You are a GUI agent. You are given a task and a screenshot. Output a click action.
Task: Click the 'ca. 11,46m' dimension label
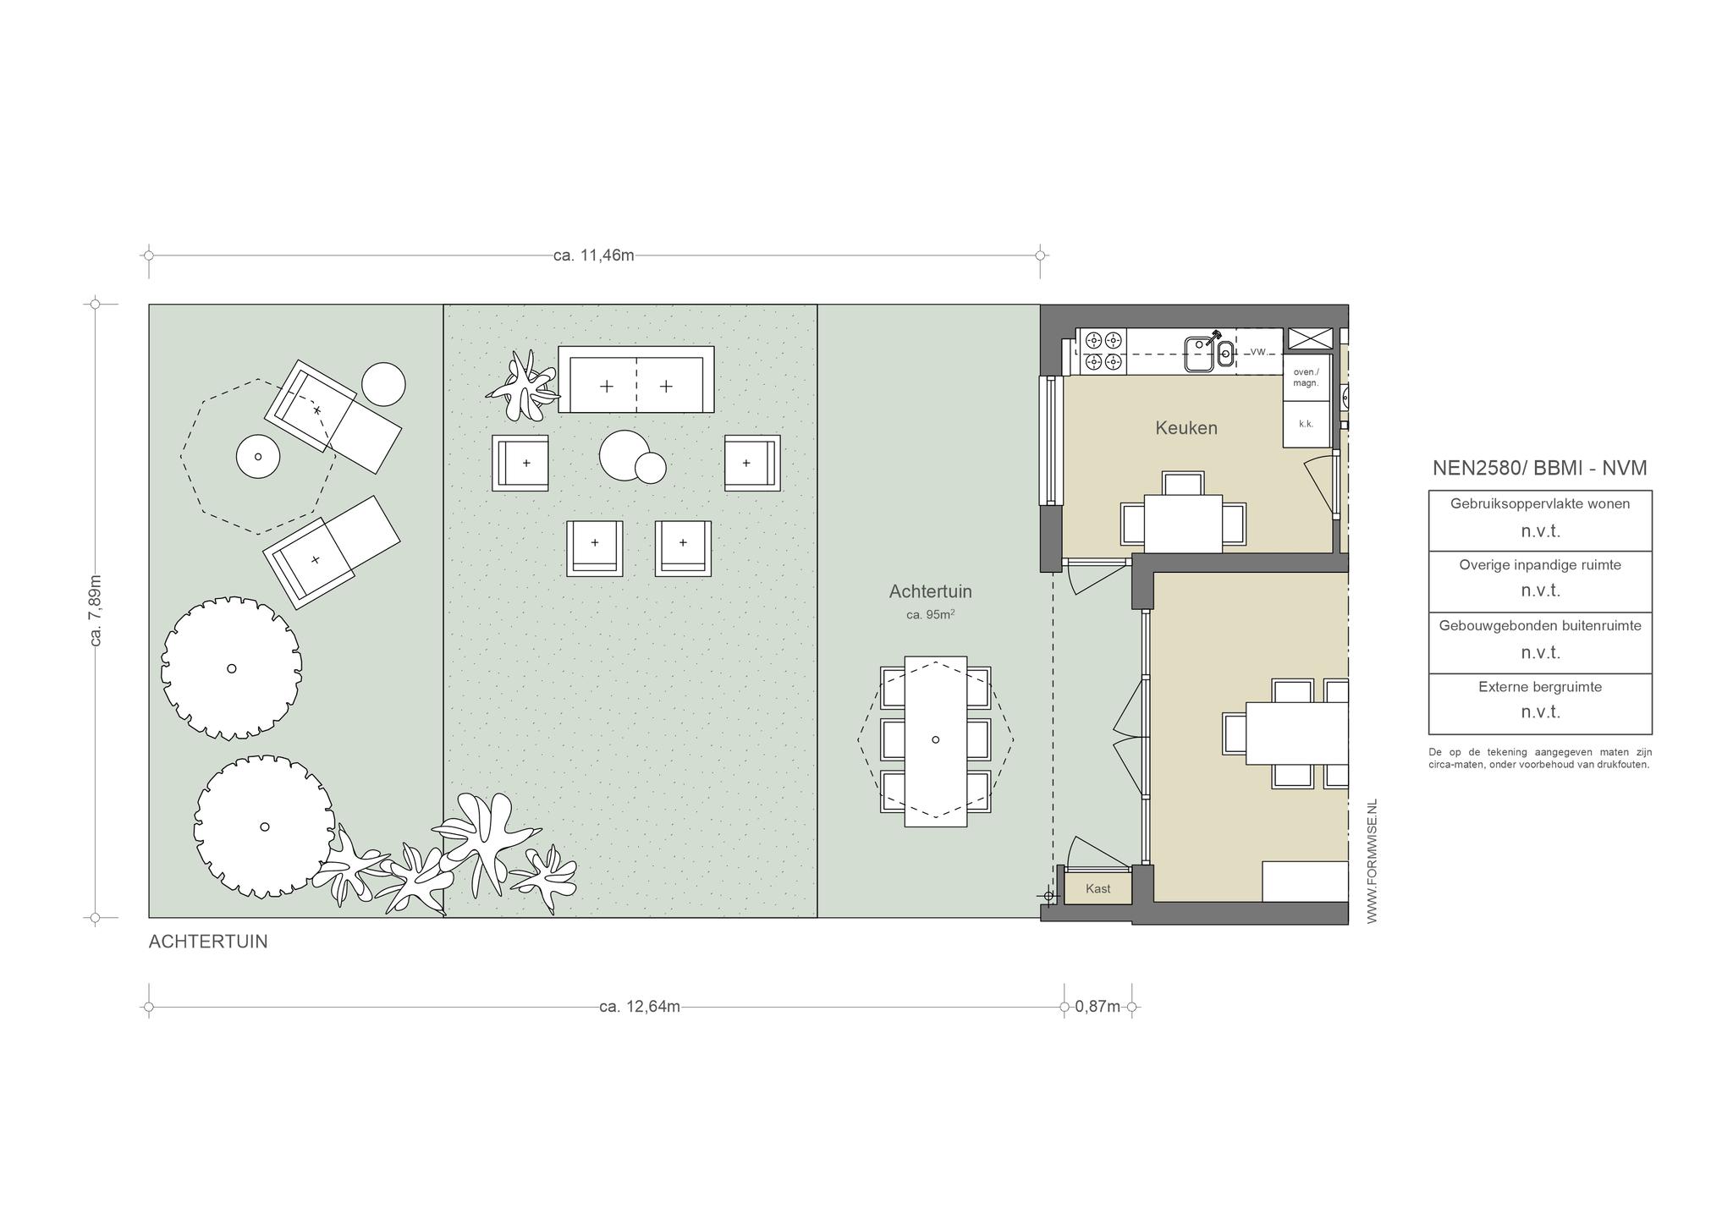[593, 255]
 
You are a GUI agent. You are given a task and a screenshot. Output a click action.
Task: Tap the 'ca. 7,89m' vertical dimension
[96, 611]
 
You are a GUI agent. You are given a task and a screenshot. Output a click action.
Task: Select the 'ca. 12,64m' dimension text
[639, 1007]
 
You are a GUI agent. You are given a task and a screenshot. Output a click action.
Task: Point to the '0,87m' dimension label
[1097, 1007]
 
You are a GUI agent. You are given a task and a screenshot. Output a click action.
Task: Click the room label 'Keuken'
[1186, 428]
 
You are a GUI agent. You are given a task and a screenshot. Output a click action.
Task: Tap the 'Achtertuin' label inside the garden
[930, 591]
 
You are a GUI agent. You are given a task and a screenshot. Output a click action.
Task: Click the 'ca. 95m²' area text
[930, 614]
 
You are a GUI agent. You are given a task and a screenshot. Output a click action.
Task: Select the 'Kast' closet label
[1098, 889]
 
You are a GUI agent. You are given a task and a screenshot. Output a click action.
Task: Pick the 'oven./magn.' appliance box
[1306, 377]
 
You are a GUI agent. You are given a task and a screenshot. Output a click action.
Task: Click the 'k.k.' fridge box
[1306, 425]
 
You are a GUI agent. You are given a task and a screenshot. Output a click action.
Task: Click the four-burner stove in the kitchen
[1103, 352]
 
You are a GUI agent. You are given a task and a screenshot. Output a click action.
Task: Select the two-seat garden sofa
[635, 379]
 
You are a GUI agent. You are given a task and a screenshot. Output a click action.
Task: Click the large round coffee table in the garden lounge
[624, 455]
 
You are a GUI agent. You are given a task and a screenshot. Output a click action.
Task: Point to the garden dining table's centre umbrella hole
[935, 740]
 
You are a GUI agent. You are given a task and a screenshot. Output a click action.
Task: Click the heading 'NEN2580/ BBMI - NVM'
[1539, 468]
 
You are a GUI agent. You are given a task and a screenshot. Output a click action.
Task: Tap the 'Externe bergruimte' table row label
[1540, 687]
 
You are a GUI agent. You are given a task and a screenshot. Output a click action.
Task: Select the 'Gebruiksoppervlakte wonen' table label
[1540, 503]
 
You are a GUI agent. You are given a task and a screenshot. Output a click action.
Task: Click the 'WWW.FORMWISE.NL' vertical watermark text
[1372, 861]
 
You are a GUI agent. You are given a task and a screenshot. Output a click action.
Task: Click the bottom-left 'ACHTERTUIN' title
[208, 942]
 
